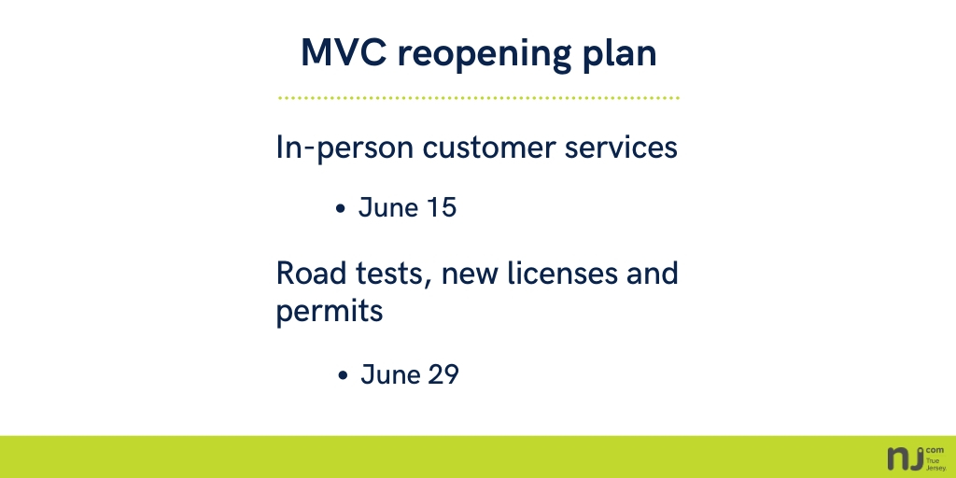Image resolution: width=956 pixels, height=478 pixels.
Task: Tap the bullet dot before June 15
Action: [x=341, y=209]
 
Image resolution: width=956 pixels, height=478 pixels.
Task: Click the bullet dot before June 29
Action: [x=343, y=376]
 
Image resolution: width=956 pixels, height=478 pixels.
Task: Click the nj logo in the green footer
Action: [x=906, y=457]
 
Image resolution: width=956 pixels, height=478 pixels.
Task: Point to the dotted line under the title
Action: [x=478, y=97]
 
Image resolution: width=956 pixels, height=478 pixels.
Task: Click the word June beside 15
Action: [x=387, y=207]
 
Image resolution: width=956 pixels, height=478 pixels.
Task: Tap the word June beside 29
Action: [x=388, y=374]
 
